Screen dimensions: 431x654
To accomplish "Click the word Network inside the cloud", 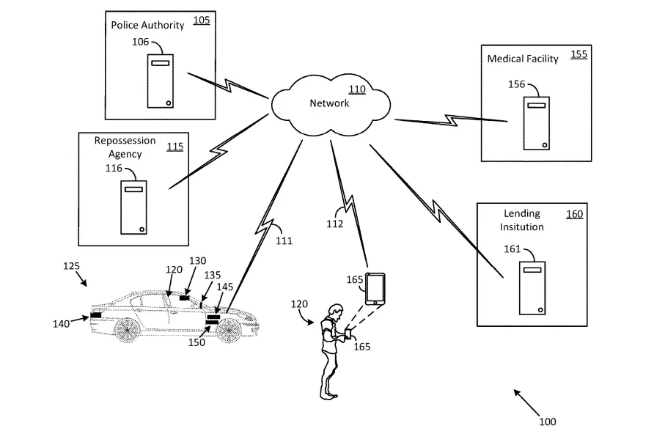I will [x=329, y=103].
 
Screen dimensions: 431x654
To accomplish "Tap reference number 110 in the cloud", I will [x=356, y=90].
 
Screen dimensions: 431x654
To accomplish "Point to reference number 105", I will [x=201, y=21].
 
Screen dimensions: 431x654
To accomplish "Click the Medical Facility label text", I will [x=523, y=59].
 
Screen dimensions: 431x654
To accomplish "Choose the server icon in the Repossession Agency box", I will [x=133, y=207].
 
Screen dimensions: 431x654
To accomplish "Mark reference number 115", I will [x=174, y=147].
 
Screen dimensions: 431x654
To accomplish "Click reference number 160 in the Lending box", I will [x=574, y=214].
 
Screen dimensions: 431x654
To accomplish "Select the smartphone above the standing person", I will [x=375, y=289].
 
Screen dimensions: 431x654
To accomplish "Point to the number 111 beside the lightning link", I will [x=283, y=240].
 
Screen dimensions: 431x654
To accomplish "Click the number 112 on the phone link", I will [x=334, y=224].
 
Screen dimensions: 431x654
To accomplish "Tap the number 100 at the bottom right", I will [x=547, y=421].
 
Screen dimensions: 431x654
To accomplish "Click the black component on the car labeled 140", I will [x=96, y=315].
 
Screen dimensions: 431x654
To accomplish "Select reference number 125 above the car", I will [x=71, y=266].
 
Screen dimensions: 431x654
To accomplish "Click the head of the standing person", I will [x=335, y=310].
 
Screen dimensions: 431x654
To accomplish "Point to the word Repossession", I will [x=125, y=139].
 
